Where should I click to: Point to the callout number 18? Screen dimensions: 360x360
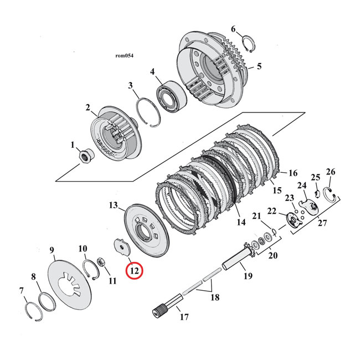214,297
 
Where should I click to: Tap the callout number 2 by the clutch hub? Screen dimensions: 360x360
88,107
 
